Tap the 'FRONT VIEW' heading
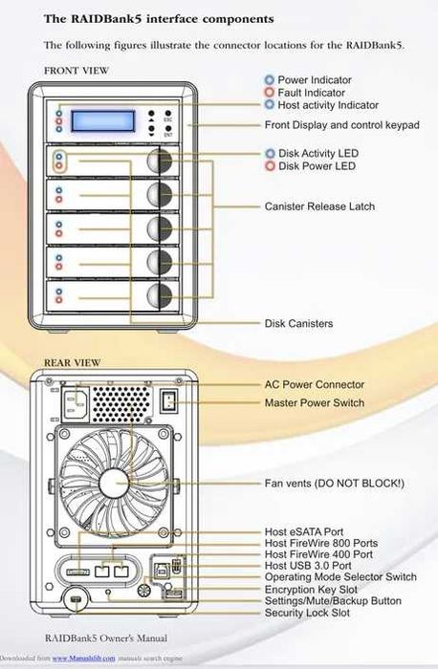click(x=77, y=71)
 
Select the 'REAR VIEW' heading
click(x=72, y=362)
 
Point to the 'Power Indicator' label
click(x=314, y=80)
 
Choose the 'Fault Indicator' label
click(x=312, y=93)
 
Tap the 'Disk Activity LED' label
click(x=318, y=153)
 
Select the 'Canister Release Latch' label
click(x=319, y=205)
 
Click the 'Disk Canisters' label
click(x=298, y=324)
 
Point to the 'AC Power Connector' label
click(x=314, y=385)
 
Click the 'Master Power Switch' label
click(x=314, y=403)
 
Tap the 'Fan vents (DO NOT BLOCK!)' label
click(x=334, y=484)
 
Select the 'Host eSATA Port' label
click(x=304, y=531)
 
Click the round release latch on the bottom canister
click(x=160, y=293)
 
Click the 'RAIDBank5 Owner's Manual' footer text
click(x=106, y=636)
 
